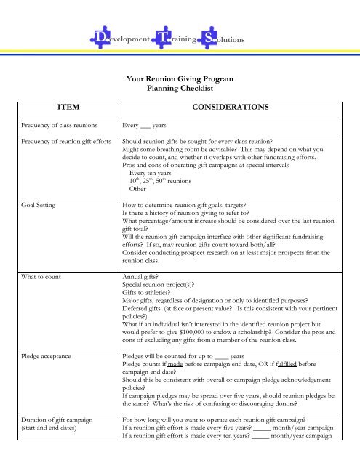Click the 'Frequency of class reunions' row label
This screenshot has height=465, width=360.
54,125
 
